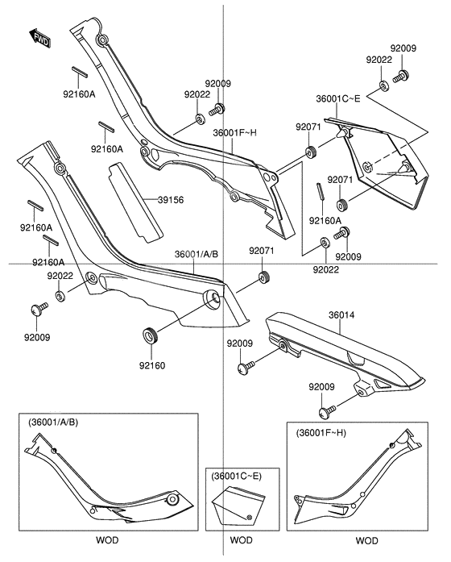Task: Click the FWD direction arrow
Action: pos(39,36)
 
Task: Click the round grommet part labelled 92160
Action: pos(150,334)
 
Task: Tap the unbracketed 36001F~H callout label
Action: pos(235,133)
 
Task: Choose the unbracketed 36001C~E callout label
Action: pos(338,100)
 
